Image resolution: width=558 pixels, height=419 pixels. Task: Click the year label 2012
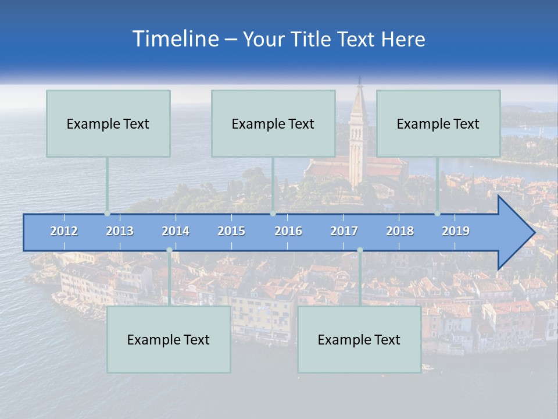(64, 231)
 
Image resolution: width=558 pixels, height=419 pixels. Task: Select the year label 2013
(120, 231)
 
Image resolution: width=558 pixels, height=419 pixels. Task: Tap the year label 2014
(176, 231)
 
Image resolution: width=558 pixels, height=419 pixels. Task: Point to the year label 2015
(231, 231)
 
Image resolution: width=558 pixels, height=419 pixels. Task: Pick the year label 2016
(288, 231)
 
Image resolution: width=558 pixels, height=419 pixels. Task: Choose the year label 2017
(344, 231)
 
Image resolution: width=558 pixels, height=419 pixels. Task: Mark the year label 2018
(400, 231)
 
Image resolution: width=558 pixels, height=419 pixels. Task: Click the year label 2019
(456, 231)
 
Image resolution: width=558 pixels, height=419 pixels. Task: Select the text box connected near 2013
(108, 123)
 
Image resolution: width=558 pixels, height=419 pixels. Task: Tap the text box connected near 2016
(273, 123)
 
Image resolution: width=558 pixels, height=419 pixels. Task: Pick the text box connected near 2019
(438, 123)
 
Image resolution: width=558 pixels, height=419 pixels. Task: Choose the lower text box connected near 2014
(169, 339)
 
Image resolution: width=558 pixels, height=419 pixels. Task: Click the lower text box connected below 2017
(359, 339)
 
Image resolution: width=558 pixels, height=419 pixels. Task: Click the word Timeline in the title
(174, 39)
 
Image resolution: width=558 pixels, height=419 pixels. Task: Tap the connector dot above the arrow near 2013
(107, 214)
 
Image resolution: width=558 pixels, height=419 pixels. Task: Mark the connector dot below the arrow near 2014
(169, 250)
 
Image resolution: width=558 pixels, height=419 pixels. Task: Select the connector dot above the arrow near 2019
(437, 214)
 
